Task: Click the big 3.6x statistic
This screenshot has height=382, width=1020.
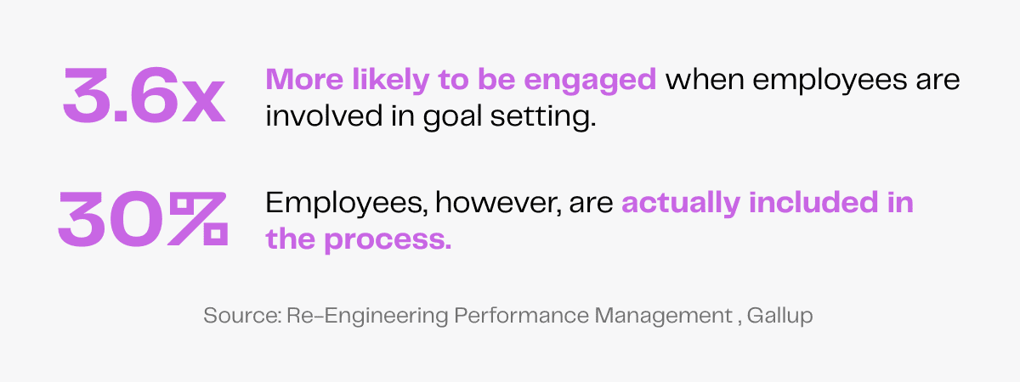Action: [143, 97]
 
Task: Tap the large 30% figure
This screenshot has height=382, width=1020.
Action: [143, 219]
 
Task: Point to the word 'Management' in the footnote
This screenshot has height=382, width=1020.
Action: [662, 317]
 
